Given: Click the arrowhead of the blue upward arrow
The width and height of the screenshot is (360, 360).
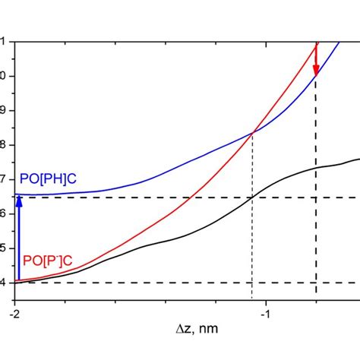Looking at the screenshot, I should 19,200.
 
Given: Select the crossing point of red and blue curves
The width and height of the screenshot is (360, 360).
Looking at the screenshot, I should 252,132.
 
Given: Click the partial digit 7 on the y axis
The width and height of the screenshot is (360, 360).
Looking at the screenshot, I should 2,178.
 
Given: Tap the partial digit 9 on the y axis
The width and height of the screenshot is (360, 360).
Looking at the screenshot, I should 2,110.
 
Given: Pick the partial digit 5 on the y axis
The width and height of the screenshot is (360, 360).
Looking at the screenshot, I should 2,248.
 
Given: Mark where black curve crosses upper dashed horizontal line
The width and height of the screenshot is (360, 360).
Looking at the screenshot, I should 252,197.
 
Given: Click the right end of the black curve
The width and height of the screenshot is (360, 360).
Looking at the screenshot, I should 358,159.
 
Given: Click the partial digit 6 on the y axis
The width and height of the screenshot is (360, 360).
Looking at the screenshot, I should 2,213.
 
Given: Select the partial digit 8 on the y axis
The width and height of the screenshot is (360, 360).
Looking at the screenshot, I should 2,144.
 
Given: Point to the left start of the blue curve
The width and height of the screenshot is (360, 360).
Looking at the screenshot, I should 16,194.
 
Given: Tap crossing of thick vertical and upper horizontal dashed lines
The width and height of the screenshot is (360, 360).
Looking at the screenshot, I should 316,197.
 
